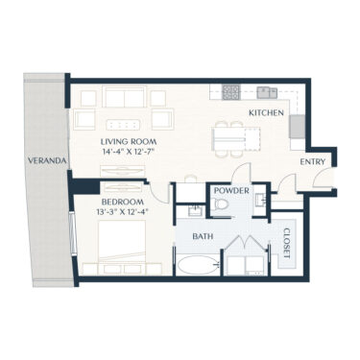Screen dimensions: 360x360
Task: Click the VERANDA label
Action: [46, 161]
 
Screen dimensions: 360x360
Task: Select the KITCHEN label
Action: [266, 113]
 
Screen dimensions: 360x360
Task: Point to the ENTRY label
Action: [313, 162]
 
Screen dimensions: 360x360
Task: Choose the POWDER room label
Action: [230, 192]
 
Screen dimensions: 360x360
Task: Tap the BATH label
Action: [202, 235]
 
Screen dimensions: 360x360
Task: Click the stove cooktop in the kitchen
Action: [231, 93]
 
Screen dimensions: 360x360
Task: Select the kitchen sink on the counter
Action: [266, 93]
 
